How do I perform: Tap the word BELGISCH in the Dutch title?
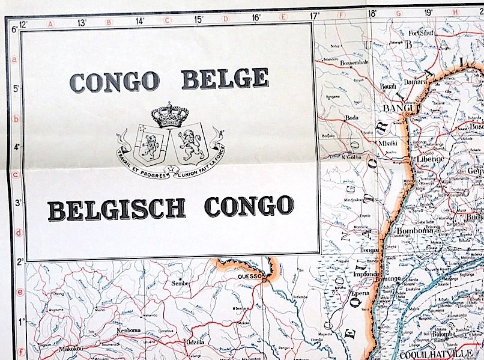point(116,208)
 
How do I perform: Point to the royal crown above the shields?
point(171,114)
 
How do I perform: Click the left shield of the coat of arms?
point(150,144)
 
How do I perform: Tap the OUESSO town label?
point(251,276)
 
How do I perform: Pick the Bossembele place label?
point(354,63)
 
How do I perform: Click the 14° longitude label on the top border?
point(140,20)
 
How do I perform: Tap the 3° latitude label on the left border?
point(18,202)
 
